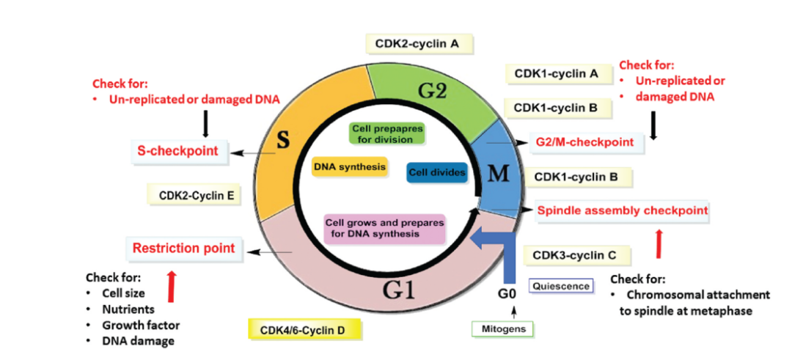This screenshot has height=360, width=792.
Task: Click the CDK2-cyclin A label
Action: click(x=419, y=44)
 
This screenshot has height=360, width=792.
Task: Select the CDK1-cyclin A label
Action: click(x=556, y=73)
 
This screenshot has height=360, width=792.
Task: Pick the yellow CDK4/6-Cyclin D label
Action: click(x=302, y=331)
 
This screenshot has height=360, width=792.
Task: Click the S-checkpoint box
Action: click(x=178, y=151)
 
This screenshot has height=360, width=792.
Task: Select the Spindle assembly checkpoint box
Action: click(x=623, y=210)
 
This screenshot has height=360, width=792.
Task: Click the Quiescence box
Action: click(x=560, y=285)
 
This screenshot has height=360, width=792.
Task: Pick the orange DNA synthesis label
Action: click(x=349, y=167)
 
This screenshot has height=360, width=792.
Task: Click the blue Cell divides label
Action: click(x=436, y=173)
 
